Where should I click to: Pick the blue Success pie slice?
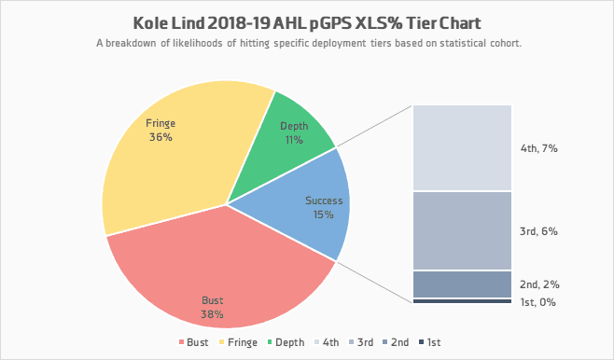(x=305, y=203)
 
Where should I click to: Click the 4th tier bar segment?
(x=462, y=147)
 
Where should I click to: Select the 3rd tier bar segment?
(x=462, y=231)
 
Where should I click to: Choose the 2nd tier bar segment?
(x=462, y=284)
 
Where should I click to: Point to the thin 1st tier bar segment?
(x=462, y=301)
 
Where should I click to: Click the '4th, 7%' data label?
(x=538, y=148)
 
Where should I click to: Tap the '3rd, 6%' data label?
(x=538, y=231)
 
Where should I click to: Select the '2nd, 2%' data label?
(x=539, y=284)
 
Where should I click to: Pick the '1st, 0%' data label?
(x=537, y=302)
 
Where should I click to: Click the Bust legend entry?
(x=193, y=342)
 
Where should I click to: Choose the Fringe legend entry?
(x=238, y=342)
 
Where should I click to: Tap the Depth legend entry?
(x=286, y=342)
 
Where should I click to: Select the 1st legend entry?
(x=429, y=342)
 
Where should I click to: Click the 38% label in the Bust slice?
(x=212, y=314)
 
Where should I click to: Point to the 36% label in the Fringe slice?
(x=160, y=137)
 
